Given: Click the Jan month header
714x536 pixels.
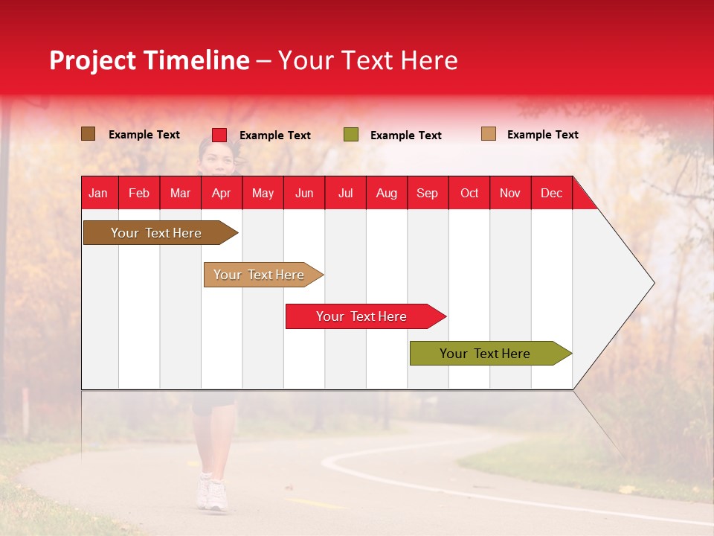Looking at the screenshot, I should tap(98, 193).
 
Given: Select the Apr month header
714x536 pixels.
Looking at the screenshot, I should tap(222, 193).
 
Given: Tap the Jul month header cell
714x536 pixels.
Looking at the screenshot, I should tap(345, 193).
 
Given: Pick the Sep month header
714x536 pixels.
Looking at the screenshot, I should tap(427, 193).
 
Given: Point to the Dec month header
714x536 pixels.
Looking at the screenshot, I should tap(551, 193).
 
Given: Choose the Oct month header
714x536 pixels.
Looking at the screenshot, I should tap(469, 193).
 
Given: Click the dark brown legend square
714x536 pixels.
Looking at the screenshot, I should tap(88, 134).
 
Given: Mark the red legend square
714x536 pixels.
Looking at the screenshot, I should tap(219, 135).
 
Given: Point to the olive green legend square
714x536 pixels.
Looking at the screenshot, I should tap(351, 135).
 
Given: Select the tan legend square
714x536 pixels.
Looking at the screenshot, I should tap(489, 134).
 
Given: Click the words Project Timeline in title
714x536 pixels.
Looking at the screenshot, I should tap(149, 60).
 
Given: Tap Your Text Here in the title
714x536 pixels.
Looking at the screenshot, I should tap(367, 60).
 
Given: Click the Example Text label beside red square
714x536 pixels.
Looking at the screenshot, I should tap(274, 135).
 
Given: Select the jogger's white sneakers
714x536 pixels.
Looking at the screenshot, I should tap(211, 493).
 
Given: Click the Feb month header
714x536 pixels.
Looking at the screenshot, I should tap(139, 193).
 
